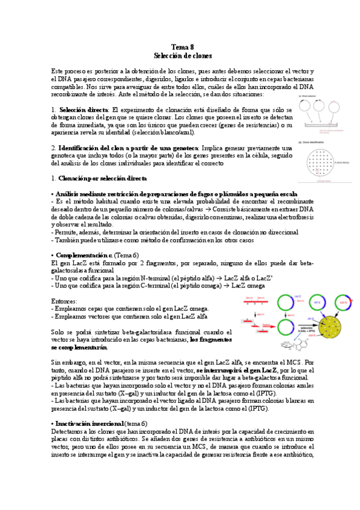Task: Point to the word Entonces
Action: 64,300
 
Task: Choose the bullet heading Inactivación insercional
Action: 90,423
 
